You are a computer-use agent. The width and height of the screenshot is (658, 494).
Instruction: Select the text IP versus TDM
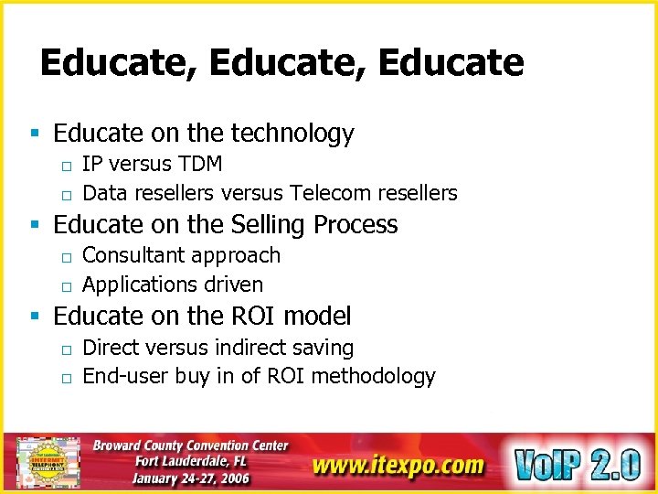152,165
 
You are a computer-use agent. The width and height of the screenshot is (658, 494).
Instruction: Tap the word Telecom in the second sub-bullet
331,193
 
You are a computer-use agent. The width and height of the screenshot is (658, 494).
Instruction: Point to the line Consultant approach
181,256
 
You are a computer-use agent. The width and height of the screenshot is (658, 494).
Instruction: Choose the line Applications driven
173,285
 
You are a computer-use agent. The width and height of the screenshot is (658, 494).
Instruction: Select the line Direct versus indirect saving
218,348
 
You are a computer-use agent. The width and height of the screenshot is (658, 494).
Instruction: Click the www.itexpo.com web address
398,465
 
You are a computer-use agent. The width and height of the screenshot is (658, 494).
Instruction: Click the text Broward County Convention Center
190,446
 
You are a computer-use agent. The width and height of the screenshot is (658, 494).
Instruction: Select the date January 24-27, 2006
190,478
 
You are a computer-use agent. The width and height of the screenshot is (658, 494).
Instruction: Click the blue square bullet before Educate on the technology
35,134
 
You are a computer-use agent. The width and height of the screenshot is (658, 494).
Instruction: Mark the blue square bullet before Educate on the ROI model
35,317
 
